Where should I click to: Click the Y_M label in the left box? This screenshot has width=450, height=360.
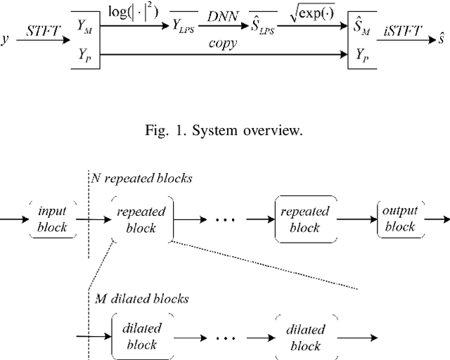(83, 30)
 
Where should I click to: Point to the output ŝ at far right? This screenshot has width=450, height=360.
(443, 39)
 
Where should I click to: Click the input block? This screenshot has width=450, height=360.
(52, 219)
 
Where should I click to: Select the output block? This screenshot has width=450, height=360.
(399, 219)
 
